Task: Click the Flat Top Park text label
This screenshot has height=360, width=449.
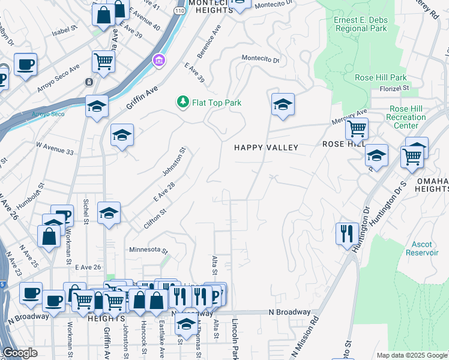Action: coord(216,103)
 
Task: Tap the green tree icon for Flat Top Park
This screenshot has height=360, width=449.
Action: coord(182,103)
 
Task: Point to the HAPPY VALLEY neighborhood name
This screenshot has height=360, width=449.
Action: coord(266,148)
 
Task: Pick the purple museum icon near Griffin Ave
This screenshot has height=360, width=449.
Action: coord(159,60)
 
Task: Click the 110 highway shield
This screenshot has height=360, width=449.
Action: coord(179,11)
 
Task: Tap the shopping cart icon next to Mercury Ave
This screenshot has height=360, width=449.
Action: coord(357,128)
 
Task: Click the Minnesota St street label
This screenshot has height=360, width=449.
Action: coord(147,250)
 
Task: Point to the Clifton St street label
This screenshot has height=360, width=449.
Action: coord(155,218)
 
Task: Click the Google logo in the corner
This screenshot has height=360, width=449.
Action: coord(20,353)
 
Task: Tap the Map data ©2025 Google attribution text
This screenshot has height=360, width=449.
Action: coord(411,355)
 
